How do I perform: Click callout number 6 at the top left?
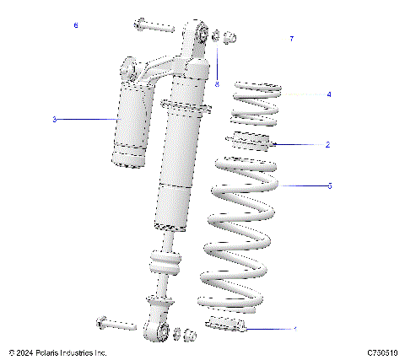(76, 26)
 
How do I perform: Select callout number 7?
(291, 40)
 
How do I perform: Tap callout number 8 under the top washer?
(217, 83)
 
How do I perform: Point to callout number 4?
(328, 95)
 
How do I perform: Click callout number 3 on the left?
(54, 120)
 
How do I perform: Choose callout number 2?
(327, 144)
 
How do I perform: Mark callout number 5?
(329, 185)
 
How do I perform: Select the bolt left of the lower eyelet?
(116, 324)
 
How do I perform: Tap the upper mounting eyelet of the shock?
(202, 33)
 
